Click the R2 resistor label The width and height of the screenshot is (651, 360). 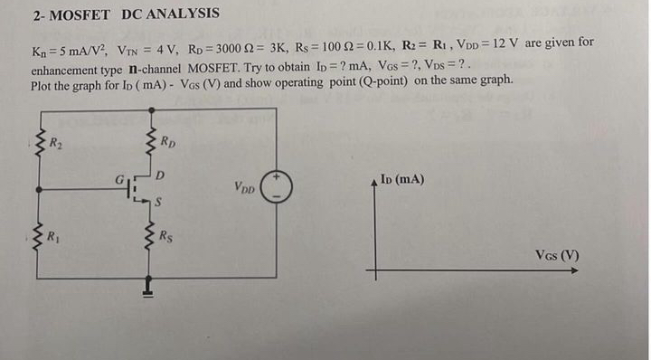(56, 140)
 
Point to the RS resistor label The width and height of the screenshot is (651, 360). (165, 238)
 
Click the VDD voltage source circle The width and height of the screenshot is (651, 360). (277, 189)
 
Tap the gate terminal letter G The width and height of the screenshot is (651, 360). (118, 179)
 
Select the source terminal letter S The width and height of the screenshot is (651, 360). (159, 203)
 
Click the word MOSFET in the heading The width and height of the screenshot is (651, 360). (81, 14)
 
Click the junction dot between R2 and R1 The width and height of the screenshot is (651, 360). (38, 189)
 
